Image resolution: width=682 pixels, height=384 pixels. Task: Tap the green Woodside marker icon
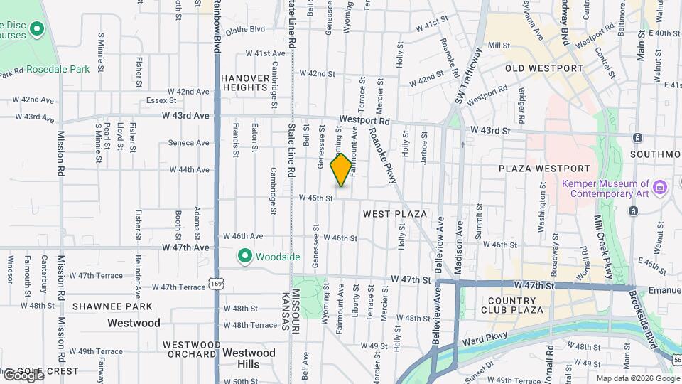click(245, 256)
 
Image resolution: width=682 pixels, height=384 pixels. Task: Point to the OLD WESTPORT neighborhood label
click(543, 68)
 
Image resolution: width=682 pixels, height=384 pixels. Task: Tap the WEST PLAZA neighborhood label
click(394, 214)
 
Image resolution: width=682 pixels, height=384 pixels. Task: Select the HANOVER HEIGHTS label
click(245, 82)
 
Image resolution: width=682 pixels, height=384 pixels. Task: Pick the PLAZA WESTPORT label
click(544, 169)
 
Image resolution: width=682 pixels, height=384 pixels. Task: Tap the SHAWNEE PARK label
click(112, 306)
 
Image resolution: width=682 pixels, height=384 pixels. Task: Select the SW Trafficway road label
click(469, 76)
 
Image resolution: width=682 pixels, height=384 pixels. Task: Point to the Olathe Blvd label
click(245, 30)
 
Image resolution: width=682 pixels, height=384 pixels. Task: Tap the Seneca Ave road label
click(188, 143)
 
